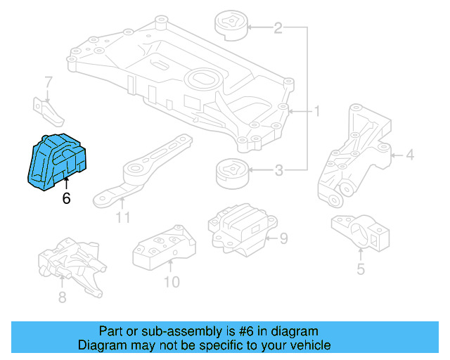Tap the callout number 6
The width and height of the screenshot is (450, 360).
pyautogui.click(x=66, y=199)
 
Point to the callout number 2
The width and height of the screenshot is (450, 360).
pyautogui.click(x=278, y=28)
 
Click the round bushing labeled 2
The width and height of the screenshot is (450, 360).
pyautogui.click(x=230, y=25)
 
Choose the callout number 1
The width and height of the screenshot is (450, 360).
pyautogui.click(x=317, y=111)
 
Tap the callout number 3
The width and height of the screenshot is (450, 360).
pyautogui.click(x=278, y=169)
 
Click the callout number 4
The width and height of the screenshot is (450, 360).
pyautogui.click(x=410, y=155)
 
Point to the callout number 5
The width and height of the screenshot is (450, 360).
pyautogui.click(x=360, y=269)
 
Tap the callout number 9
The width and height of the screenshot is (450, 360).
pyautogui.click(x=283, y=239)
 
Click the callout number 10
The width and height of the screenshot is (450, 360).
pyautogui.click(x=171, y=283)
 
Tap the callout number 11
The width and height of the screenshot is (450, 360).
pyautogui.click(x=123, y=218)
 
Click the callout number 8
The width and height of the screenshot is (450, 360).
pyautogui.click(x=62, y=297)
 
